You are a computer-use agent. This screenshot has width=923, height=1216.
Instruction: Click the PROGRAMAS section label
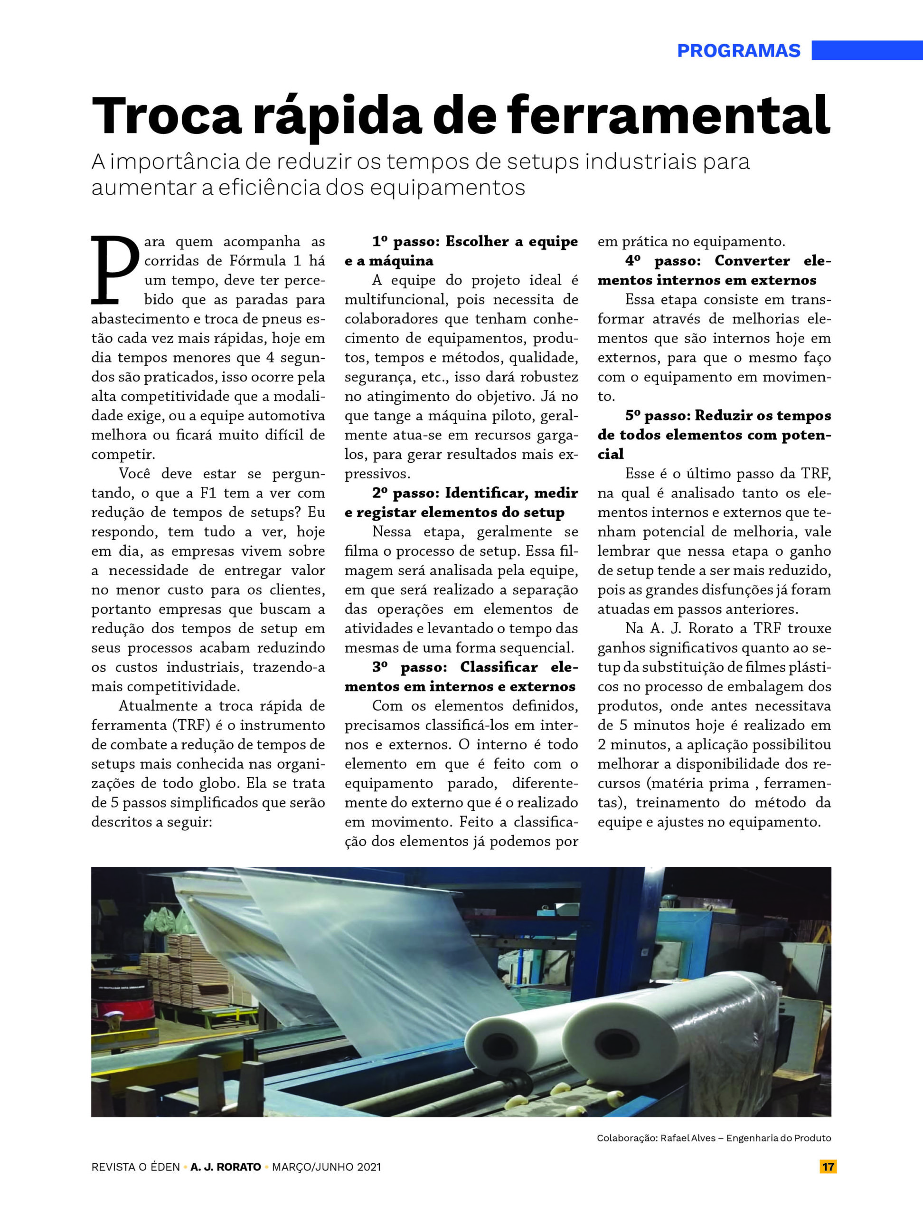pos(738,50)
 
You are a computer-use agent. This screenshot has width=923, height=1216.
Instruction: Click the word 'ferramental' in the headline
pos(668,116)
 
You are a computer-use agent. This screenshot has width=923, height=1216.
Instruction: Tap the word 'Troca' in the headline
pos(167,116)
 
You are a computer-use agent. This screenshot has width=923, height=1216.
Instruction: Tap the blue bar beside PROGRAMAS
pos(867,50)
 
